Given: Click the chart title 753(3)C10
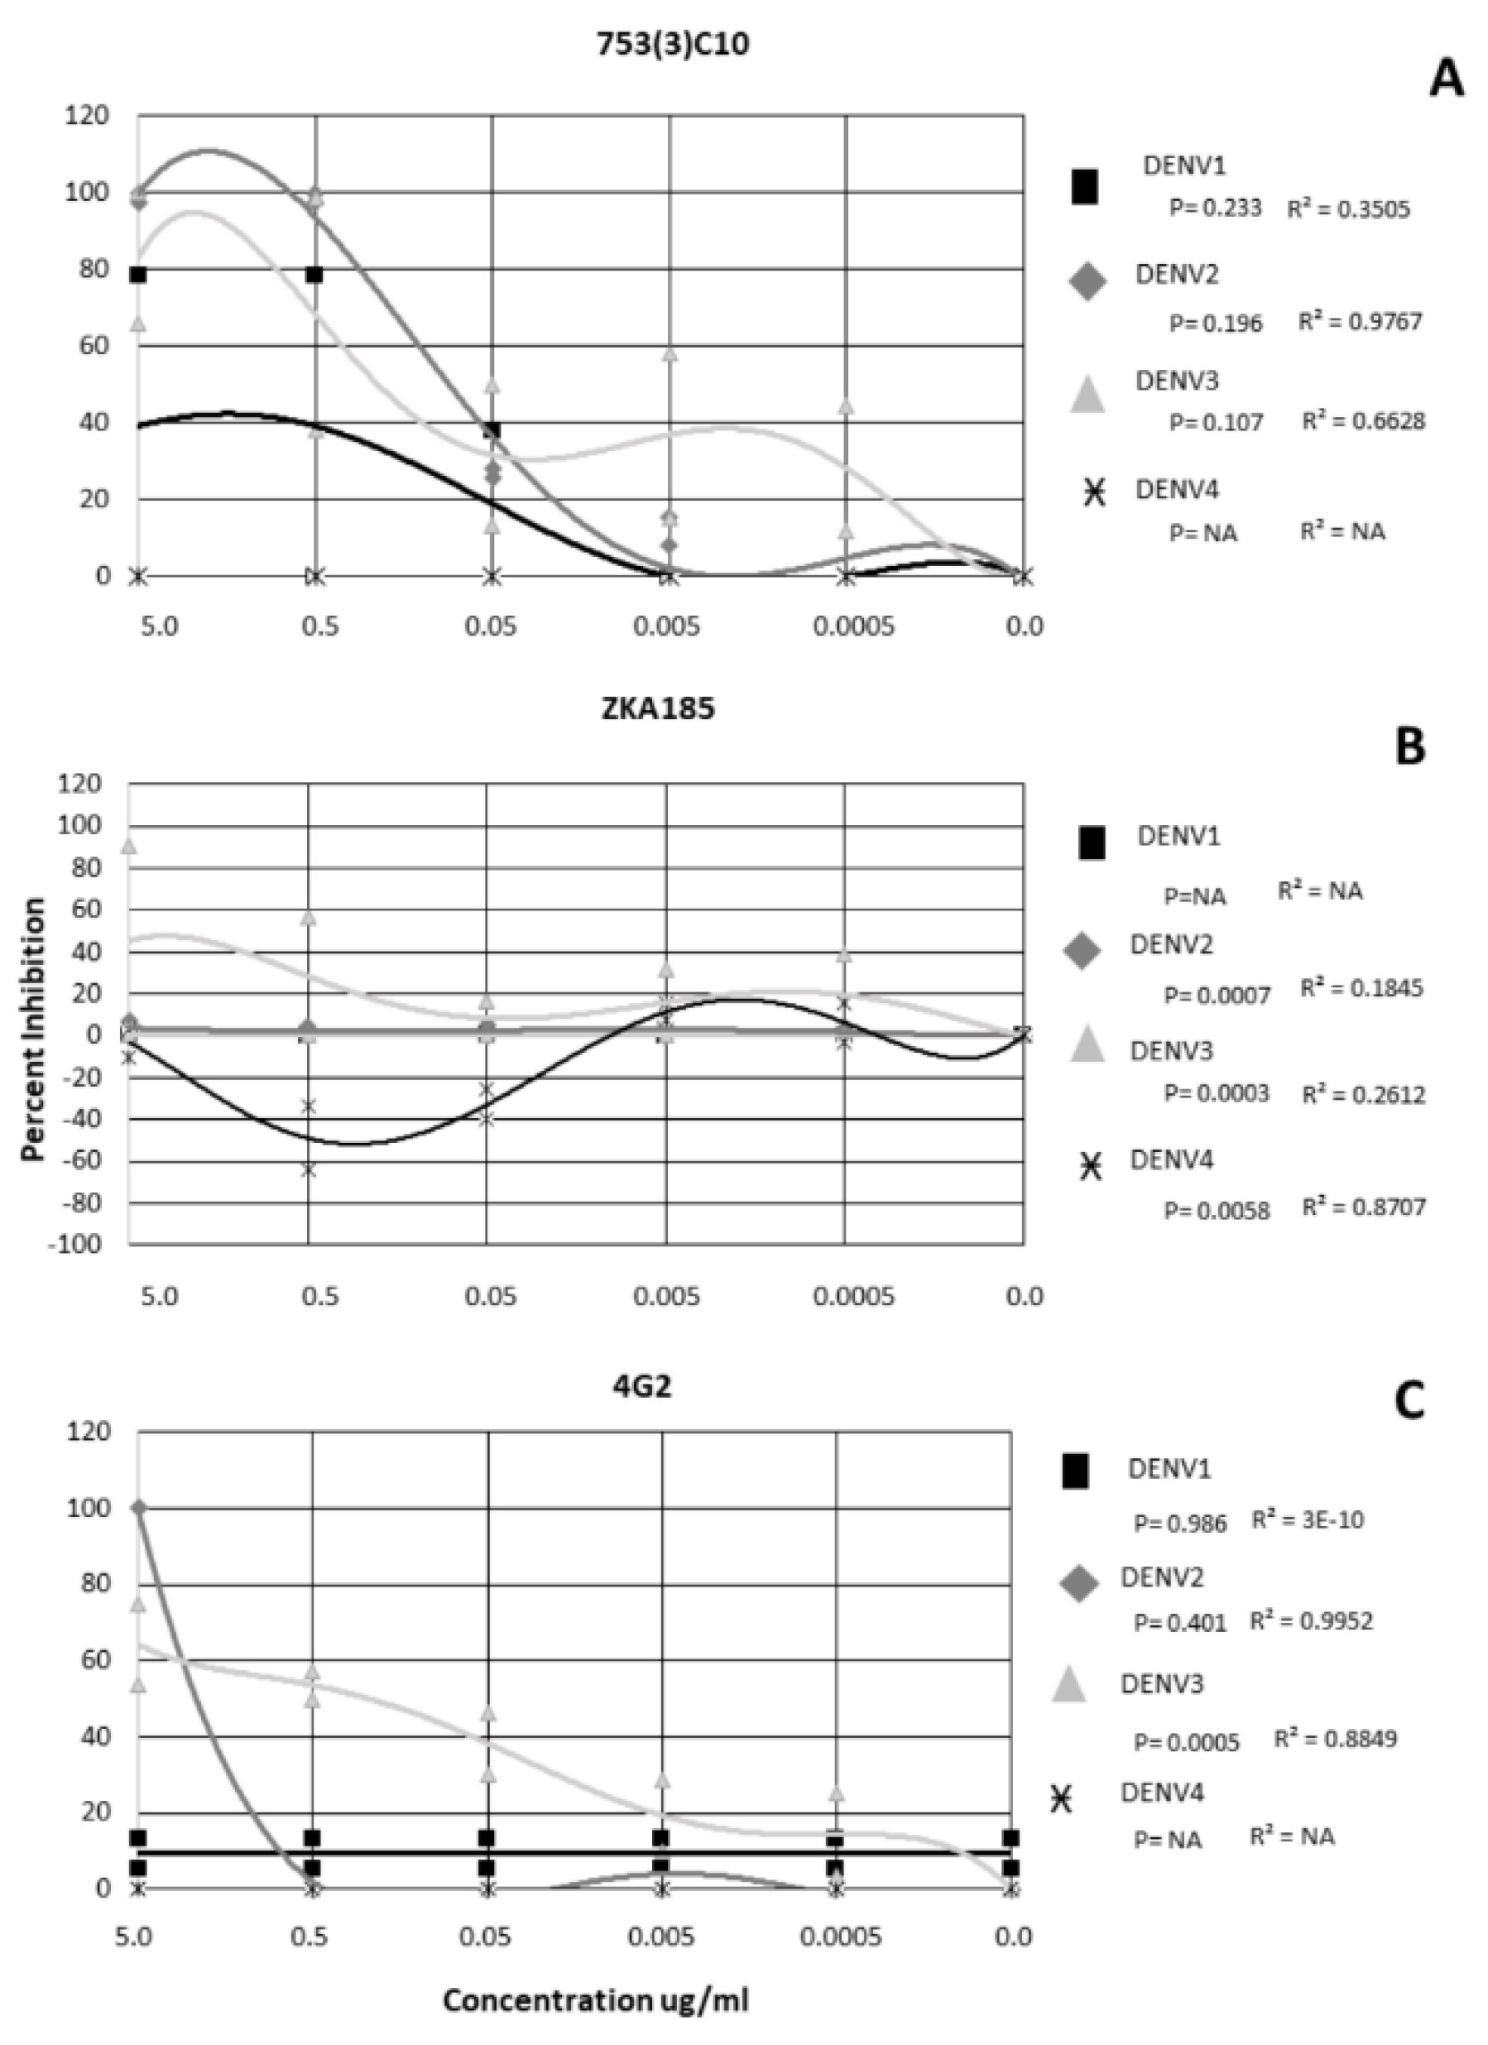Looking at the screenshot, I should [x=673, y=44].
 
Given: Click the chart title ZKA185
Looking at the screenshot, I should [x=657, y=709].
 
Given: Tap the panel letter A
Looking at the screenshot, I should [x=1447, y=79].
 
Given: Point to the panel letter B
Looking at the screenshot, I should [x=1409, y=747].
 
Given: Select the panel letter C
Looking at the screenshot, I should [x=1409, y=1402].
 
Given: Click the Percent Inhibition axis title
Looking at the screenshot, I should [x=34, y=1029].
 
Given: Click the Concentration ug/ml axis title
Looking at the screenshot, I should [x=595, y=2000].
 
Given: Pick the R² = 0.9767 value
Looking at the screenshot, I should [x=1360, y=322].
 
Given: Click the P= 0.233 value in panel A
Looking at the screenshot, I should [x=1215, y=209].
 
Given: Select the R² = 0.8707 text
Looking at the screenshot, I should [x=1364, y=1207].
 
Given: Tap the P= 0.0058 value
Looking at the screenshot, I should [x=1217, y=1210].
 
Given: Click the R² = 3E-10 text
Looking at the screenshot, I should [x=1308, y=1519].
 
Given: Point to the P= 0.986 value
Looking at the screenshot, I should [x=1180, y=1523].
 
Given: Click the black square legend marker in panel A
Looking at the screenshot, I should [x=1085, y=188].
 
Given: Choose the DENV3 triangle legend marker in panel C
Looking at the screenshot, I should [x=1068, y=1685].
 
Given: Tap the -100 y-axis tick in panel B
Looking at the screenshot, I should [x=79, y=1246].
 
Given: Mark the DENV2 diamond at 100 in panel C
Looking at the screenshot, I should [x=138, y=1508].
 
